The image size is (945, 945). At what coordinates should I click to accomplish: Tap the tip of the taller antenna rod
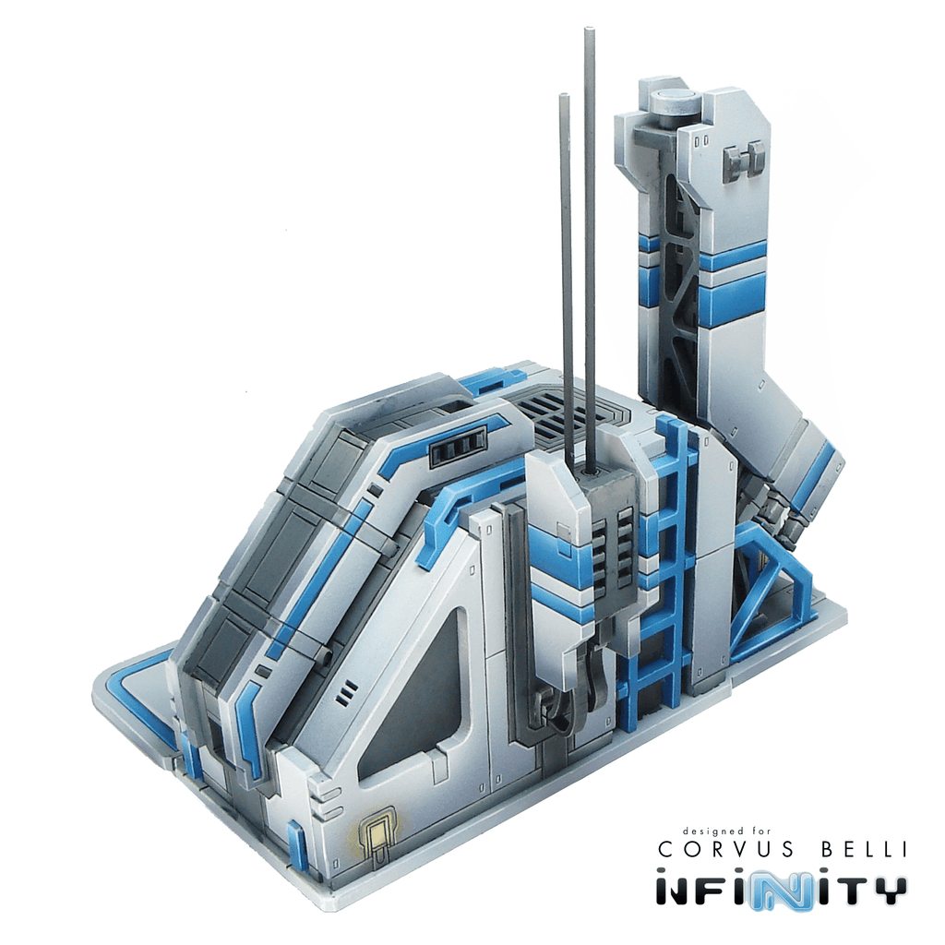click(587, 29)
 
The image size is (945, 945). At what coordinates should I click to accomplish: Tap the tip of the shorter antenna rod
click(564, 95)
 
